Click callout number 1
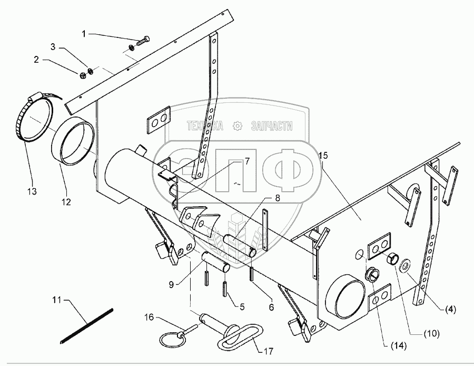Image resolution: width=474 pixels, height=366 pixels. click(84, 34)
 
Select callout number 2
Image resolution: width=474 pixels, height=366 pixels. click(36, 60)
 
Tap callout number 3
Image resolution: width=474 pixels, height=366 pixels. click(53, 47)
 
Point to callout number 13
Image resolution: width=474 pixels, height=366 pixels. click(33, 191)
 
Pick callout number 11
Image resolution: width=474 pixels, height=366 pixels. click(56, 300)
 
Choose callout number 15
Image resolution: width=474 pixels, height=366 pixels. click(323, 155)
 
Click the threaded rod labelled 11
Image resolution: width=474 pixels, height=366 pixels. click(87, 325)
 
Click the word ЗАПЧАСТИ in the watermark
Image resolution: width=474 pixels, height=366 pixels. click(272, 126)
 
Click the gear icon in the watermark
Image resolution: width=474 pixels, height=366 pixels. click(238, 126)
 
